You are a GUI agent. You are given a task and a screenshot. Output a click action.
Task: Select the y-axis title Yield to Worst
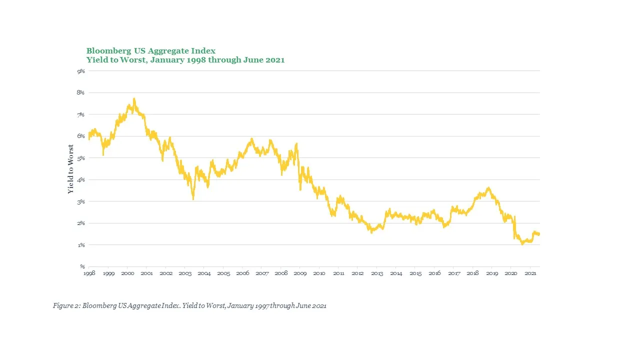[71, 169]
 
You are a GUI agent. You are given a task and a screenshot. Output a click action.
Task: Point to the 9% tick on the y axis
[81, 71]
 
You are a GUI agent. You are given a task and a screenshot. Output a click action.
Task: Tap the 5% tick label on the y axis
[81, 158]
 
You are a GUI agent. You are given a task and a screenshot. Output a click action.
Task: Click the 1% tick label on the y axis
[81, 245]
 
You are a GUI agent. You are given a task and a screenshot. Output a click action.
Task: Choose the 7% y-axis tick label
[81, 115]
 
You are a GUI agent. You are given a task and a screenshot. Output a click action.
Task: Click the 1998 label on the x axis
[89, 273]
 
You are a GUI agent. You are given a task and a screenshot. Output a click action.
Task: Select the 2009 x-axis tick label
[300, 273]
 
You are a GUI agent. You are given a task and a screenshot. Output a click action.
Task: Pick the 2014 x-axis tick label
[396, 273]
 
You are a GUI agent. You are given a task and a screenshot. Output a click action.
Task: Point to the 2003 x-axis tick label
[185, 273]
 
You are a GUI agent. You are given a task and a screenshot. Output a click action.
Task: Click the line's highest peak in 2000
[134, 99]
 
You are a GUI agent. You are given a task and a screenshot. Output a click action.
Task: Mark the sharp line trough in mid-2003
[193, 199]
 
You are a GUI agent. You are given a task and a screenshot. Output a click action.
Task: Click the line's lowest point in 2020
[522, 243]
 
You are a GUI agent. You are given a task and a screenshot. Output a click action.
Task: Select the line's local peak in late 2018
[488, 188]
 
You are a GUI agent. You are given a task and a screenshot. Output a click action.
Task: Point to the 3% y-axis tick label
[81, 201]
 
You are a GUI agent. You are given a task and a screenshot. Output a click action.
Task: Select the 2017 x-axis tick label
[453, 273]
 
